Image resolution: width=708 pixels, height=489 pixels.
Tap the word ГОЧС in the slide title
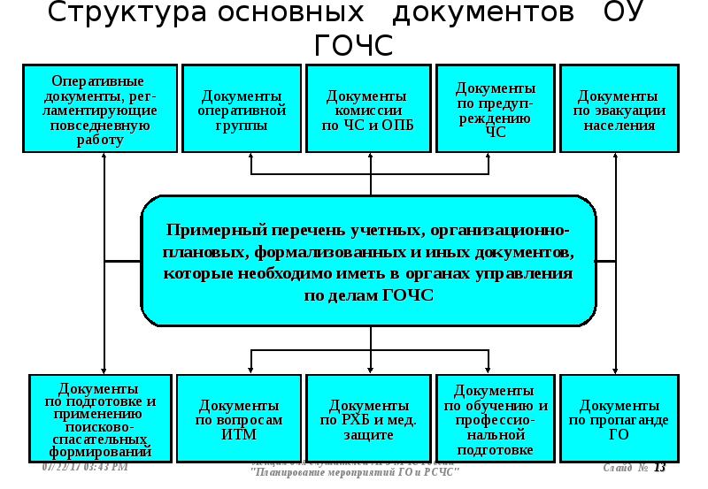(353, 46)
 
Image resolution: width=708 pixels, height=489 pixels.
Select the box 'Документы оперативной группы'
(242, 110)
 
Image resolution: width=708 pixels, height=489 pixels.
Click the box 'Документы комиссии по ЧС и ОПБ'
(366, 110)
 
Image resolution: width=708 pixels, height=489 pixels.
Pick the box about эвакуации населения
(619, 110)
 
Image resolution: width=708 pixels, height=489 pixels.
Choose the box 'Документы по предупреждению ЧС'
(495, 110)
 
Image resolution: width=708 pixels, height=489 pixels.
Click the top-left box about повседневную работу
(100, 110)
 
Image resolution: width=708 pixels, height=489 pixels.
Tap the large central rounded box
(367, 261)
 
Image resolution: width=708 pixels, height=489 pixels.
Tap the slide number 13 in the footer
(659, 468)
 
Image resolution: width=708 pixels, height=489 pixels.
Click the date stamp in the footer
(85, 466)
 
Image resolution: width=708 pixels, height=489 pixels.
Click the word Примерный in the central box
(210, 230)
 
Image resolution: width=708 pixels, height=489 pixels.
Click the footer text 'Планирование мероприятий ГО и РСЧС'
(355, 472)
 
